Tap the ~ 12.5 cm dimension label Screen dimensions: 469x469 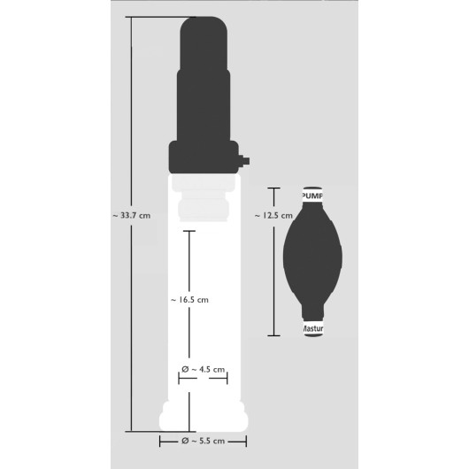click(273, 215)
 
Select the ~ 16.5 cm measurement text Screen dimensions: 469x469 click(188, 300)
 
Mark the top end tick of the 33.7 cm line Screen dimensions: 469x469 click(132, 18)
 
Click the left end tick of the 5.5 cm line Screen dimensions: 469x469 click(160, 440)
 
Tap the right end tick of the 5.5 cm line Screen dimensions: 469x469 click(247, 440)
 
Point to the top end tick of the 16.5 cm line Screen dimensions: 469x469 click(188, 231)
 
